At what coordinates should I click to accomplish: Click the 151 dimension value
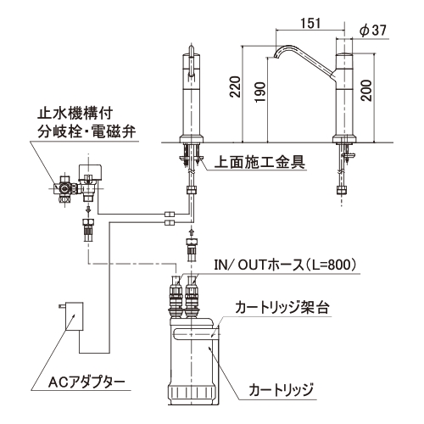click(310, 23)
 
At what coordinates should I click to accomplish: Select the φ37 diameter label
click(373, 30)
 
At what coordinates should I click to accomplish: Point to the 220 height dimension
click(235, 86)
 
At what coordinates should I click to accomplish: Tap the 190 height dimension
click(259, 92)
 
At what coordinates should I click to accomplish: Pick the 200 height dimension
click(366, 90)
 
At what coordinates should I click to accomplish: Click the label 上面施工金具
click(259, 162)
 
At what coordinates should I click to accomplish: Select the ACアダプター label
click(86, 382)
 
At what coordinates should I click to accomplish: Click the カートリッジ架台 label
click(282, 308)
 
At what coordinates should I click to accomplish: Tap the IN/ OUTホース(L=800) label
click(285, 265)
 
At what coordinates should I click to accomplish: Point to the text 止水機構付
click(75, 114)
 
